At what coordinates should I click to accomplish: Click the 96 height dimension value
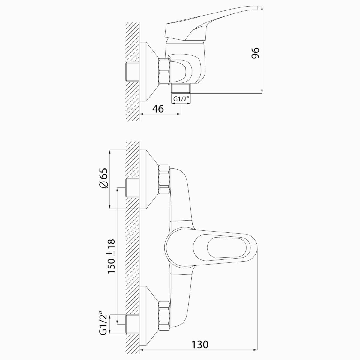pyautogui.click(x=255, y=53)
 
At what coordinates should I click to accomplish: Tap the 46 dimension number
pyautogui.click(x=158, y=109)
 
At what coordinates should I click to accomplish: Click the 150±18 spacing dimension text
pyautogui.click(x=111, y=256)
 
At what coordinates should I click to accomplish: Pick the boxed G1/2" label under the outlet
pyautogui.click(x=181, y=99)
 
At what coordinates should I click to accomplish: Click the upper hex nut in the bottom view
pyautogui.click(x=164, y=179)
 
